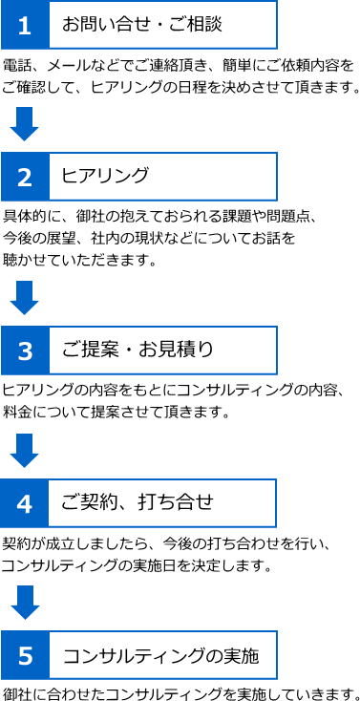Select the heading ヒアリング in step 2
coord(104,176)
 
